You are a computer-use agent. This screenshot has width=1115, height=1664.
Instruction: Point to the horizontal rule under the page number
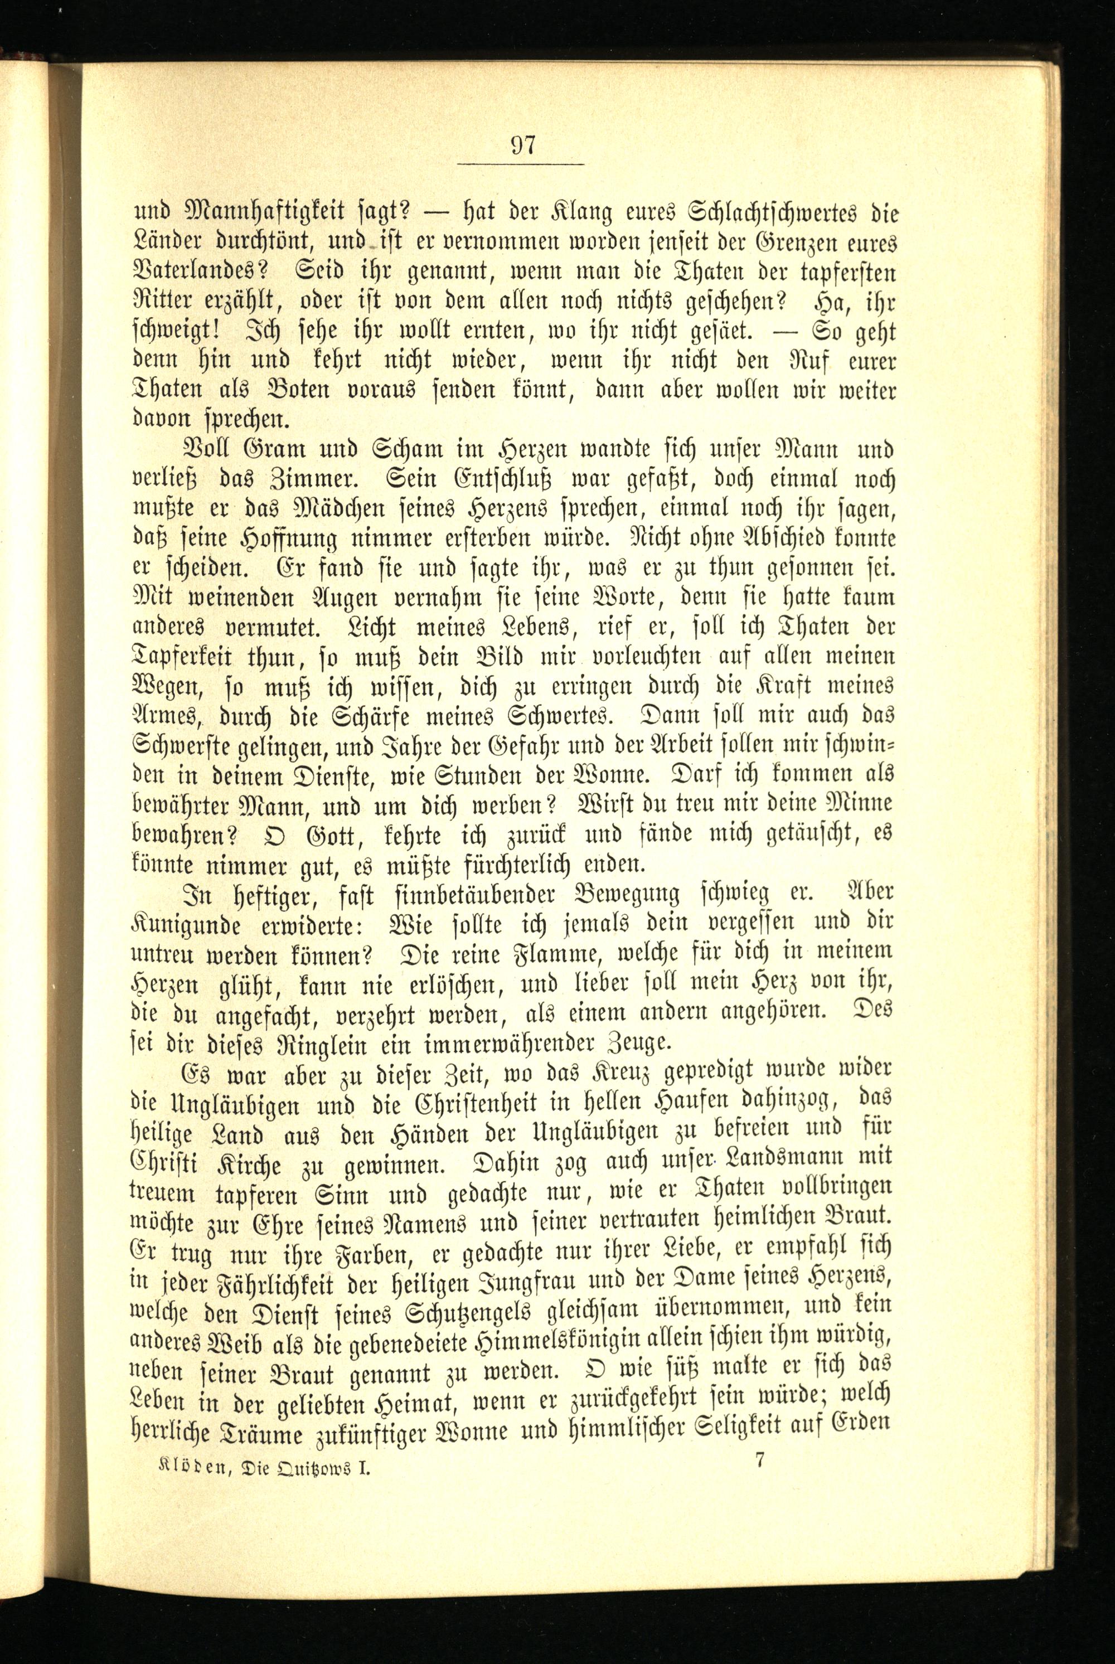click(521, 165)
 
